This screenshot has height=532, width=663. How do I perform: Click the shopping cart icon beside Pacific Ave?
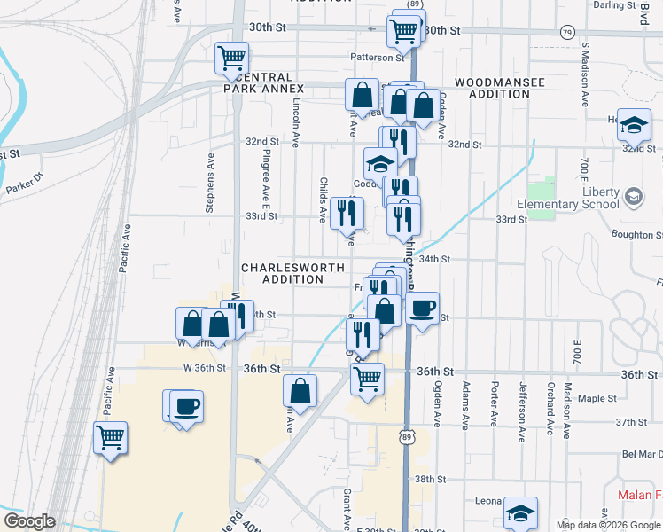110,437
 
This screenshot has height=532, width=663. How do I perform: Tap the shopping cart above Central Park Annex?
231,59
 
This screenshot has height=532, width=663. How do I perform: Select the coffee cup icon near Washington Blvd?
422,308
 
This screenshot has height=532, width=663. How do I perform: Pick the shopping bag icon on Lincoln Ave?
301,390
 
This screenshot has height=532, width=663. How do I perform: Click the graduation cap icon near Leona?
520,512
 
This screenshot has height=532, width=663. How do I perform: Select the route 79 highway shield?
566,32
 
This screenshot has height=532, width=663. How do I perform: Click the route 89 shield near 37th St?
406,436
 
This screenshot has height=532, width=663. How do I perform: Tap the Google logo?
29,521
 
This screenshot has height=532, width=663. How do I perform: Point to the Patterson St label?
377,58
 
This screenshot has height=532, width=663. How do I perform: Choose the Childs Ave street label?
323,198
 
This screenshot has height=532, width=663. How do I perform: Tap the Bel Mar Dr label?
638,454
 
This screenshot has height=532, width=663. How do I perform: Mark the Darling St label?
610,4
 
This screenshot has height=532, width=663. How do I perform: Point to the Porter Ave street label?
495,404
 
